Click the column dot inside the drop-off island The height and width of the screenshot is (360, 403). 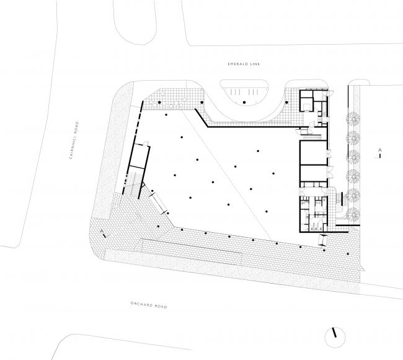[x=244, y=102]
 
